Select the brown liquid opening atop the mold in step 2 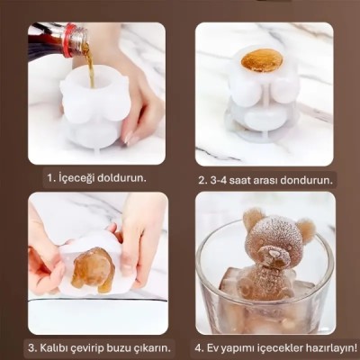[262, 60]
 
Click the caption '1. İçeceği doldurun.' [95, 177]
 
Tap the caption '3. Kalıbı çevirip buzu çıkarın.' [97, 346]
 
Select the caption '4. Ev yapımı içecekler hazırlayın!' [274, 346]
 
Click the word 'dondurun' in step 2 [305, 178]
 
